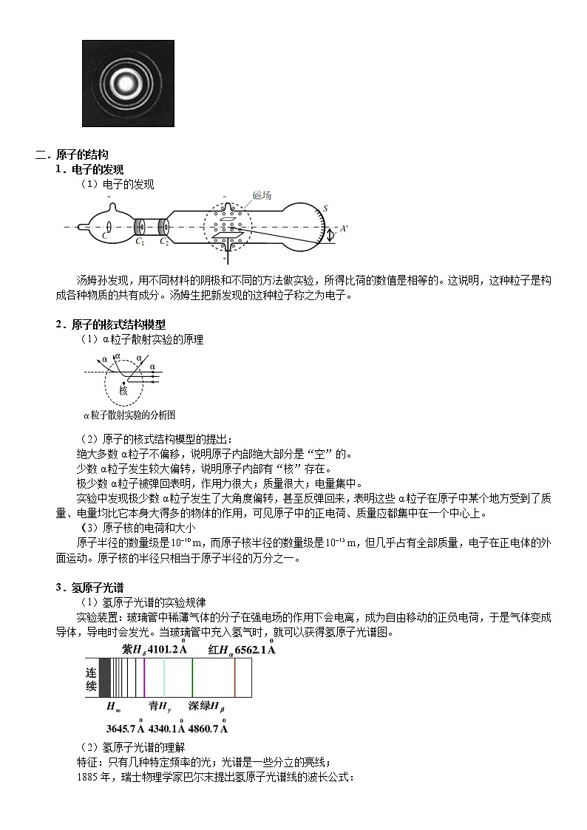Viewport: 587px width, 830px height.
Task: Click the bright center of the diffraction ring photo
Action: click(x=128, y=84)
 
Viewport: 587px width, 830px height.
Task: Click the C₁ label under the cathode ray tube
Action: click(x=140, y=242)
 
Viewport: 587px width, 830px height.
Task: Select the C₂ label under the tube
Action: click(x=165, y=242)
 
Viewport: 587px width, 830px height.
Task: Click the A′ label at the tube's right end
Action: click(x=343, y=229)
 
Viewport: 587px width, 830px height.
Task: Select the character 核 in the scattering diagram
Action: click(x=123, y=391)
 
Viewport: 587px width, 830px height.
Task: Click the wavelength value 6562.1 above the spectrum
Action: click(x=252, y=650)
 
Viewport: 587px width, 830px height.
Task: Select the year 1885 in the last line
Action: click(x=87, y=778)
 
